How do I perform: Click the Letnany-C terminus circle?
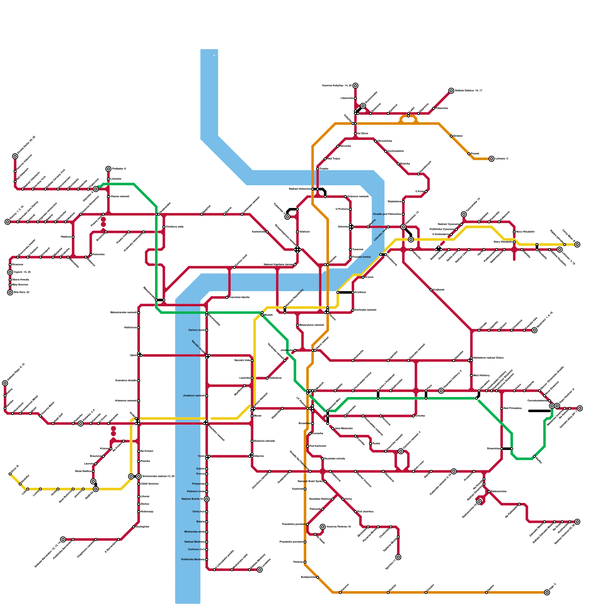pyautogui.click(x=491, y=159)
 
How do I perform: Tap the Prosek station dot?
pyautogui.click(x=469, y=154)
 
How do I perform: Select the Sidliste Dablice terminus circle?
pyautogui.click(x=451, y=91)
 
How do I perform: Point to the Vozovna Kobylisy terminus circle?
pyautogui.click(x=355, y=86)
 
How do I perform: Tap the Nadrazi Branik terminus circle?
pyautogui.click(x=206, y=499)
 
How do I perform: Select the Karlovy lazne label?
pyautogui.click(x=196, y=330)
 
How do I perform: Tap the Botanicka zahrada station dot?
pyautogui.click(x=252, y=441)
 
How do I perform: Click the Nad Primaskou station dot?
pyautogui.click(x=502, y=408)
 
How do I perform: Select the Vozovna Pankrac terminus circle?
pyautogui.click(x=323, y=527)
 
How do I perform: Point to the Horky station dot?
pyautogui.click(x=343, y=499)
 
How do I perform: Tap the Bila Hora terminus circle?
pyautogui.click(x=10, y=292)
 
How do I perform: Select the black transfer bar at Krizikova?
pyautogui.click(x=344, y=292)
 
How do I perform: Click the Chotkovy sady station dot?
pyautogui.click(x=164, y=227)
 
